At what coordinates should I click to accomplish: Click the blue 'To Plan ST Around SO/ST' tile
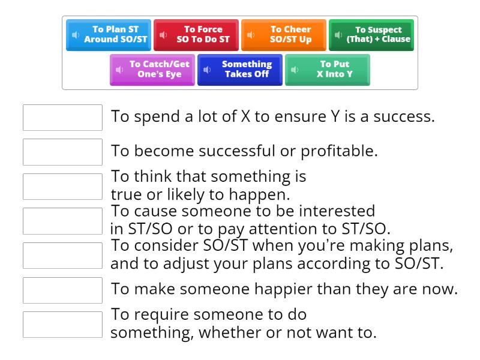(x=109, y=35)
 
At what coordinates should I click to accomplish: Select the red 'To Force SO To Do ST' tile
(x=196, y=35)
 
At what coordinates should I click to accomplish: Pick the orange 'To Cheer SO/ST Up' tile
(x=283, y=35)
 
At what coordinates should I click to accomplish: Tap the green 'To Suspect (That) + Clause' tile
(x=371, y=35)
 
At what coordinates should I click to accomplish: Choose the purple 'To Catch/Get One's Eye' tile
(x=152, y=70)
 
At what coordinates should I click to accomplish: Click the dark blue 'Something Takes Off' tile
(x=239, y=70)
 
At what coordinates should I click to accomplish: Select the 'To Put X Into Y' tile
(x=327, y=70)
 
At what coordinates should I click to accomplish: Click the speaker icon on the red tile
(x=163, y=35)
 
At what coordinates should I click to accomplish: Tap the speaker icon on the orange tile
(x=251, y=35)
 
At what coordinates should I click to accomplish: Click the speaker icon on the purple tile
(x=119, y=70)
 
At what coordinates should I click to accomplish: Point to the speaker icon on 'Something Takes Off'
(x=207, y=70)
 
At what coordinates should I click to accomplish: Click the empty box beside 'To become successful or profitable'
(x=62, y=152)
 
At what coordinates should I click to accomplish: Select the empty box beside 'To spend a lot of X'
(x=62, y=118)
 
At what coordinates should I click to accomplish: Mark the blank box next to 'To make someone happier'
(x=62, y=290)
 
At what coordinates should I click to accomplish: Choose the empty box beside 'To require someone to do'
(x=62, y=325)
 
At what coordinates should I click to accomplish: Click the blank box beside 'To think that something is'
(x=62, y=187)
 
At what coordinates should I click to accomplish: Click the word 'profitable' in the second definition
(x=339, y=152)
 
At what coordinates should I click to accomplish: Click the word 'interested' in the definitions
(x=337, y=211)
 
